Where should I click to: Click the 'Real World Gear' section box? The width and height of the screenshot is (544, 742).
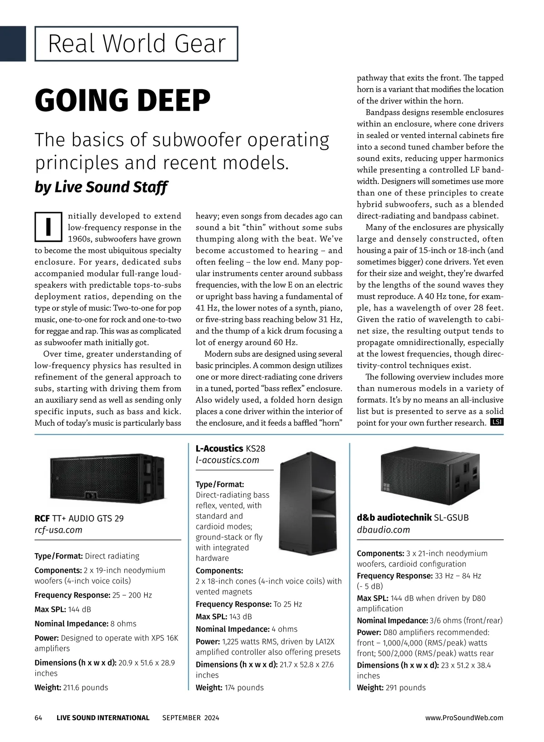pyautogui.click(x=136, y=43)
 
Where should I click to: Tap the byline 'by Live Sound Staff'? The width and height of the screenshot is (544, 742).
pyautogui.click(x=101, y=187)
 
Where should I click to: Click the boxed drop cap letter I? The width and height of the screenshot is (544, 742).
pyautogui.click(x=48, y=227)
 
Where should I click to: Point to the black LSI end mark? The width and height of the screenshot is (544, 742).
pyautogui.click(x=497, y=423)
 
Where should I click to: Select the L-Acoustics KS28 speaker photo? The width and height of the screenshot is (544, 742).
pyautogui.click(x=308, y=498)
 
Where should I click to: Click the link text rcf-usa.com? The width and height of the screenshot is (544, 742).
pyautogui.click(x=58, y=530)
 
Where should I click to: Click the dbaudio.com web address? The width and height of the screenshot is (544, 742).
pyautogui.click(x=383, y=530)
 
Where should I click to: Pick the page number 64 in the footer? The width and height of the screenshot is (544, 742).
pyautogui.click(x=39, y=718)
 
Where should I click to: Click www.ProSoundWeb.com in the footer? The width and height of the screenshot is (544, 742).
pyautogui.click(x=464, y=718)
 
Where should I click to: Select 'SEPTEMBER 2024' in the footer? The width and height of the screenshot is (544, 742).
pyautogui.click(x=190, y=718)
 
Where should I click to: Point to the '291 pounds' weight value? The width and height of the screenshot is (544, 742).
pyautogui.click(x=405, y=687)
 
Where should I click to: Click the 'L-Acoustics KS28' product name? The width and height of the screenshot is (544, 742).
pyautogui.click(x=230, y=448)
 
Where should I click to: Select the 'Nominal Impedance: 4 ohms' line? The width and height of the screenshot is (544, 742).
pyautogui.click(x=247, y=629)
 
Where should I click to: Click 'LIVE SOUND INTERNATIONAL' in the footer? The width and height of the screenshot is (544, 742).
pyautogui.click(x=103, y=718)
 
